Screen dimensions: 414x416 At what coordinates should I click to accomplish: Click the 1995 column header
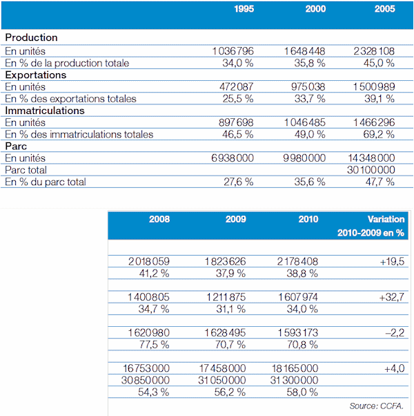pos(244,9)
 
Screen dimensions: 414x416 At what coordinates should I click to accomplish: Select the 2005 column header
pos(384,9)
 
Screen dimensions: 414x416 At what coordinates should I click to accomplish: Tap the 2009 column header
pos(236,219)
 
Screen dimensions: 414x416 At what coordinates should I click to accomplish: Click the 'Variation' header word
pos(386,219)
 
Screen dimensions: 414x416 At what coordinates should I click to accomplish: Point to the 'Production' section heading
pos(31,37)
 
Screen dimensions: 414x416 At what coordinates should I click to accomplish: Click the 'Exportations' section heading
pos(36,75)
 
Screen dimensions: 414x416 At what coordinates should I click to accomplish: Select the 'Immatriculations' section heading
pos(45,111)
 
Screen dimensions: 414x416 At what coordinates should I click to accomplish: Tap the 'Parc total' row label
pos(26,170)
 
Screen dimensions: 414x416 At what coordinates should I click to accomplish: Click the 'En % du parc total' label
pos(46,182)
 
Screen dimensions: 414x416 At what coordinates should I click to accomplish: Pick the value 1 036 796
pos(233,51)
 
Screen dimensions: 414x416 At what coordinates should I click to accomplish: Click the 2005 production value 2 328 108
pos(374,51)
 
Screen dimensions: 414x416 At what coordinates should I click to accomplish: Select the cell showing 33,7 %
pos(310,99)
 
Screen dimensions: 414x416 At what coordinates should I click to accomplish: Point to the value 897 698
pos(236,122)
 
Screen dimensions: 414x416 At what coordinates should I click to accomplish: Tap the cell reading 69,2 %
pos(379,134)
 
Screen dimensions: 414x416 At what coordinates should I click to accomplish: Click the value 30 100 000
pos(371,170)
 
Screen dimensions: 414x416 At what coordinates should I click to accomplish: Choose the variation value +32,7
pos(392,297)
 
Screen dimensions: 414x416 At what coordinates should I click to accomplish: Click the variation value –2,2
pos(395,332)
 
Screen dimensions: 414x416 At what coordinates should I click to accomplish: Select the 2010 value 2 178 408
pos(297,262)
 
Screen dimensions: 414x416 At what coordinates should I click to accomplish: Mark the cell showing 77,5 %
pos(154,345)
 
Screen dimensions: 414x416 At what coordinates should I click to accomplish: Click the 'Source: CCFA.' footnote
pos(376,406)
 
